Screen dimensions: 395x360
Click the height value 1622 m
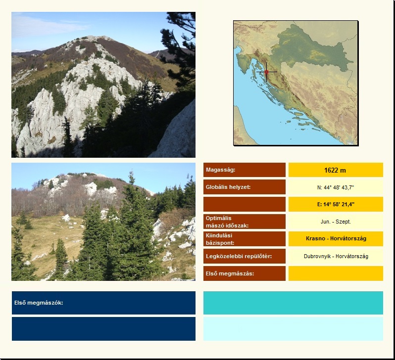(x=335, y=170)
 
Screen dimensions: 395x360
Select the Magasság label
(x=220, y=170)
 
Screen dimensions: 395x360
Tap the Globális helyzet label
(x=228, y=187)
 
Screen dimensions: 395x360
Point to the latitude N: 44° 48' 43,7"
(x=336, y=187)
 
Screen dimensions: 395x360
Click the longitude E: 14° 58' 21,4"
(x=336, y=204)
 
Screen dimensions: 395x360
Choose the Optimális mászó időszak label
(x=227, y=222)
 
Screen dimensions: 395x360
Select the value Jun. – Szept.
(x=336, y=222)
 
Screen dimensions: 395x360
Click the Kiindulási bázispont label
(x=220, y=239)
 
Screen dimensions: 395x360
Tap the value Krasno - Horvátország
(x=336, y=238)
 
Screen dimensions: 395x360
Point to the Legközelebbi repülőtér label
(x=239, y=256)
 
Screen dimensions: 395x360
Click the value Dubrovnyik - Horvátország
(x=336, y=256)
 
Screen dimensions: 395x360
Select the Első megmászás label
(x=230, y=273)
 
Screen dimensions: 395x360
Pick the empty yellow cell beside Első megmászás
(x=336, y=273)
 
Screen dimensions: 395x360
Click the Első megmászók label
(x=39, y=303)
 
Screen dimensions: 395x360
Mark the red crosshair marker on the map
(x=266, y=72)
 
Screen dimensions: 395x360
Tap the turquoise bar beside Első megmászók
(x=293, y=303)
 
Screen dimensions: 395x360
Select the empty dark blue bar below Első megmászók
(x=103, y=329)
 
